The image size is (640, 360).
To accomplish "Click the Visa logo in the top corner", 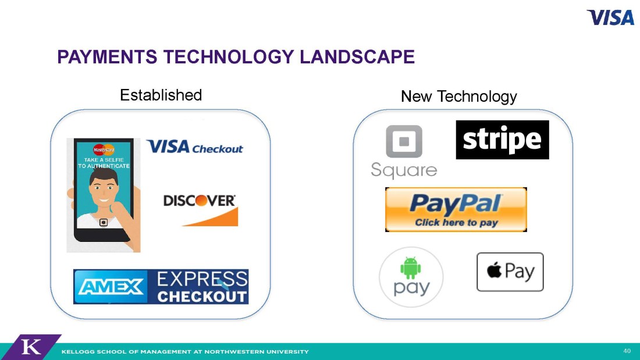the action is point(610,17).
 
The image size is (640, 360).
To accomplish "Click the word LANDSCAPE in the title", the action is point(357,57).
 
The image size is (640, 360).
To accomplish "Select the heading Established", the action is point(161,95).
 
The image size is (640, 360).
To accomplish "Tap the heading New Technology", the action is point(459,97).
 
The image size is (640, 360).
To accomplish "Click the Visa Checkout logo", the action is point(195,147).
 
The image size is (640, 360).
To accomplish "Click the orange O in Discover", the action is point(201,201).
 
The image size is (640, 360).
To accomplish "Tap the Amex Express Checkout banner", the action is point(161,287).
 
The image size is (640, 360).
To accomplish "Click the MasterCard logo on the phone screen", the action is point(104,149).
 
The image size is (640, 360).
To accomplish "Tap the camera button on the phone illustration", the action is point(104,222).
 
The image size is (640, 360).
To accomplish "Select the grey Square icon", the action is point(404,141).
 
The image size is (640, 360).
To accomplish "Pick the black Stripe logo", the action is point(503,140).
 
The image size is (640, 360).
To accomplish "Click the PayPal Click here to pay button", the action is point(456,209).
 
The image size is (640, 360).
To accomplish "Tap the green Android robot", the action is point(411,268).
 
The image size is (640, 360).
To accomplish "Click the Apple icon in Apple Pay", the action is point(495,270).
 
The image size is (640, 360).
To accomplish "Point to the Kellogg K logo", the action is point(31,347).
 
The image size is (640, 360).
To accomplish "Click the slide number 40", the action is point(627,351).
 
